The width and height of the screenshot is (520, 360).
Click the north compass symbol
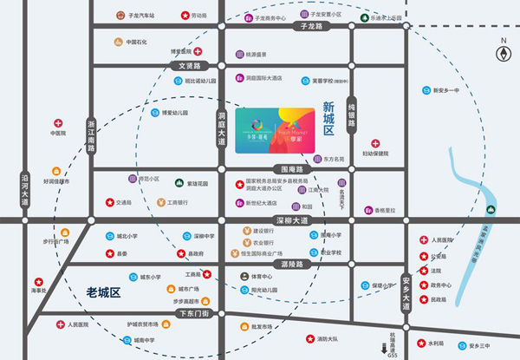(502, 53)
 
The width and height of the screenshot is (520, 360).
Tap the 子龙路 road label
(310, 27)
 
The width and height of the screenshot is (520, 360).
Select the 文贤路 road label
(190, 66)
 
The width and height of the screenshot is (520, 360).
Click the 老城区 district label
(107, 292)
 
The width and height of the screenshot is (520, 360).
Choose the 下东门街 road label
(192, 312)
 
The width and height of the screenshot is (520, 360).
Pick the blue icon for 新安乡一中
(425, 89)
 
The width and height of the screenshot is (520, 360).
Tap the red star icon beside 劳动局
(185, 16)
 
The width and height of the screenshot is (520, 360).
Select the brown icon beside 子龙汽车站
(120, 16)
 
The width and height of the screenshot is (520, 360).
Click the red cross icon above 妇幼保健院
(374, 143)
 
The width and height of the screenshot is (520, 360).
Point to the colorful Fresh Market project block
(272, 130)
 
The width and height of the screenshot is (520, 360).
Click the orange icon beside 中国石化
(117, 42)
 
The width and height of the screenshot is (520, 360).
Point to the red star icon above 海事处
(37, 282)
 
